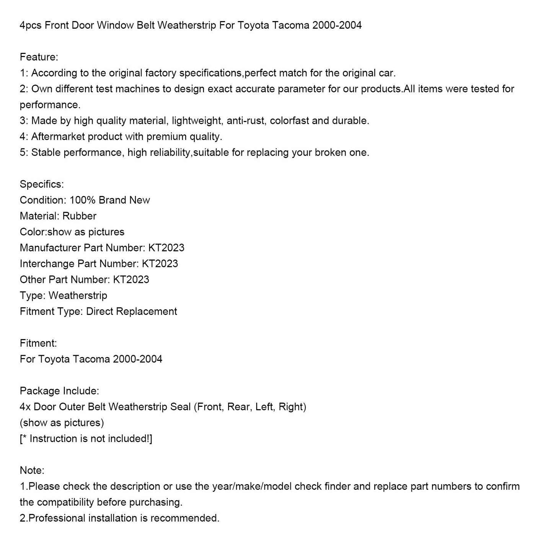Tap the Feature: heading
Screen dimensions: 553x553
[39, 57]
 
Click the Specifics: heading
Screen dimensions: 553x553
[42, 184]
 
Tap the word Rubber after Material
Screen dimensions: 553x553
[79, 216]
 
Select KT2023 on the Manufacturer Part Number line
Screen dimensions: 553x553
[166, 248]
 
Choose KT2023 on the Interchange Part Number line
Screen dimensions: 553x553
[160, 264]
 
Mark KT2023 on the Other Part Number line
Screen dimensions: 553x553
[131, 280]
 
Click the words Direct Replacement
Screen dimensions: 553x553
[131, 312]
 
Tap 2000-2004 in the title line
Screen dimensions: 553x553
[337, 26]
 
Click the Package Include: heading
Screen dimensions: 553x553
[59, 391]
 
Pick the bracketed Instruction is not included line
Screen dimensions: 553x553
[86, 439]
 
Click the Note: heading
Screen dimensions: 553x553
[32, 470]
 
